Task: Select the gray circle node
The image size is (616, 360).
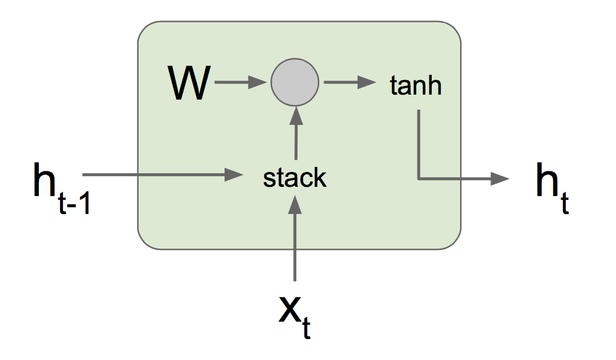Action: (295, 83)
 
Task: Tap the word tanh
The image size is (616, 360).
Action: (416, 85)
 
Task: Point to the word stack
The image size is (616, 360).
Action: (294, 178)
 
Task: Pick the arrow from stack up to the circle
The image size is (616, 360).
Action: (296, 133)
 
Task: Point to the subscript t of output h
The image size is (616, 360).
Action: (564, 204)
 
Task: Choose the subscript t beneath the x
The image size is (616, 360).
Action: (306, 329)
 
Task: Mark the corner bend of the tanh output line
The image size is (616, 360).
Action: (419, 179)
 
